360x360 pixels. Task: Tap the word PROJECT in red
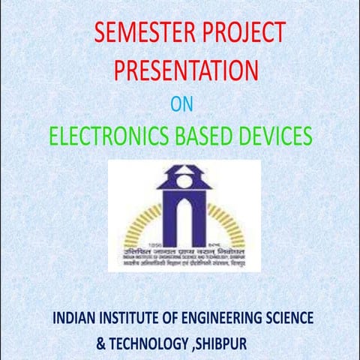click(x=243, y=34)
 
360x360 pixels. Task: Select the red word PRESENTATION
click(x=186, y=70)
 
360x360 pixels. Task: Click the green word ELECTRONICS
click(x=95, y=136)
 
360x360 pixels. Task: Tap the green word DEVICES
click(x=266, y=136)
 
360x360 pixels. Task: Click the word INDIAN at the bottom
click(x=75, y=318)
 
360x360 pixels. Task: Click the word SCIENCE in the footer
click(x=288, y=318)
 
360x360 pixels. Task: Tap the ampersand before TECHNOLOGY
click(x=101, y=343)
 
